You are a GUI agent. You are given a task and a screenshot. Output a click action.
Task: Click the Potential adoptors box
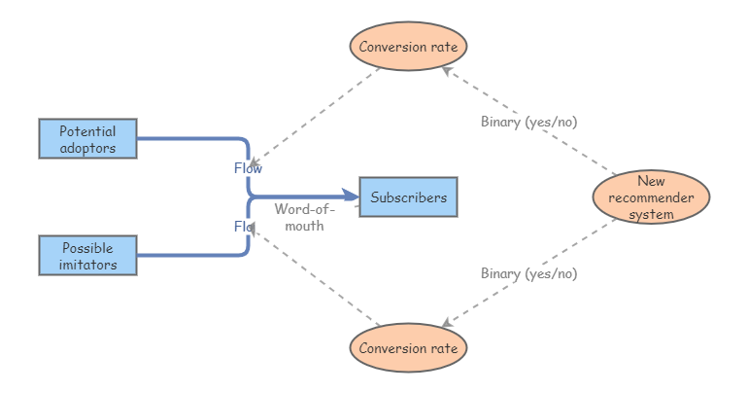click(x=87, y=139)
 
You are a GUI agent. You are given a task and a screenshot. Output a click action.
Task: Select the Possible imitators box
click(x=87, y=256)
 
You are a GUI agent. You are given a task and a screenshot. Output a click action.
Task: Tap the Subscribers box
click(x=408, y=197)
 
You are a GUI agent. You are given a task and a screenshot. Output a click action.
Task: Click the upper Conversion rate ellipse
click(x=408, y=46)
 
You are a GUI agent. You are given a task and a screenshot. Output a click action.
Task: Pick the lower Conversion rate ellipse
click(x=408, y=348)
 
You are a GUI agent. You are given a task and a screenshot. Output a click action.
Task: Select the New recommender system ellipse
click(x=651, y=197)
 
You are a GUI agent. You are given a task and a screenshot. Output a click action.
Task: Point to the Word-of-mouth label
click(x=305, y=217)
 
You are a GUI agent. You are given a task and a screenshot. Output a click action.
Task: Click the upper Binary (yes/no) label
click(x=528, y=122)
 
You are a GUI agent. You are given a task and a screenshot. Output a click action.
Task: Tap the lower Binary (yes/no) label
click(x=528, y=273)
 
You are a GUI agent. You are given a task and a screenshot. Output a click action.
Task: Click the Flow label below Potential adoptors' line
click(x=248, y=168)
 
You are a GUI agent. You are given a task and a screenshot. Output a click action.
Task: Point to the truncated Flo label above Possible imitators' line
click(x=243, y=226)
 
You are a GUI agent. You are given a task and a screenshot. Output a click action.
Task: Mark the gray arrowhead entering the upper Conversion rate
click(x=446, y=70)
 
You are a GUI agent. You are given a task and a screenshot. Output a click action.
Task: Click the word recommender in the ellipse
click(x=651, y=197)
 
